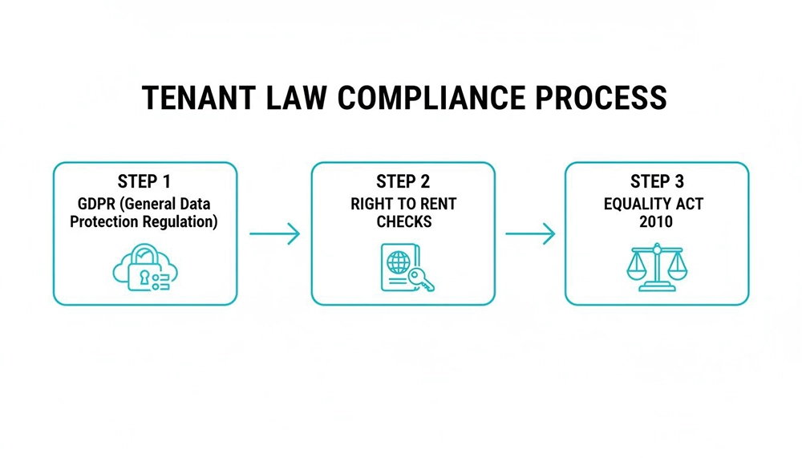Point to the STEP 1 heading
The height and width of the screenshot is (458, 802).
(144, 181)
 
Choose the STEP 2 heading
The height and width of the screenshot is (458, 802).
(403, 181)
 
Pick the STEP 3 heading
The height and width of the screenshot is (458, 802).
(656, 181)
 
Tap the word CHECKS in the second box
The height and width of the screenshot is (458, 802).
(403, 221)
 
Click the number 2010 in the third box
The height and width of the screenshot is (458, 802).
(656, 221)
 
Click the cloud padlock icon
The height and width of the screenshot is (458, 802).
(144, 268)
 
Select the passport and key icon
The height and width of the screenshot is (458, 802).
(403, 268)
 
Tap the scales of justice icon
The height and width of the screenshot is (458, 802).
(656, 268)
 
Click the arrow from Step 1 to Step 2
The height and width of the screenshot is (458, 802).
(274, 234)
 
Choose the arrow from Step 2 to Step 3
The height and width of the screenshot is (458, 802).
(530, 234)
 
